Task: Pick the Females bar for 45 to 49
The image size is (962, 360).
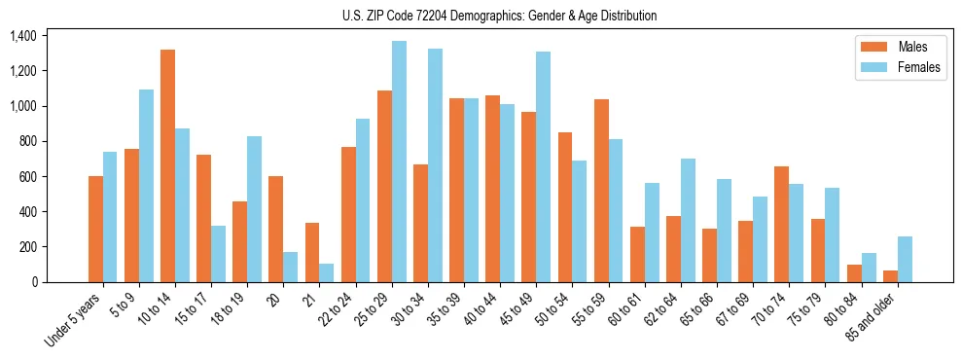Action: point(543,166)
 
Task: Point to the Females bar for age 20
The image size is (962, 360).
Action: point(291,267)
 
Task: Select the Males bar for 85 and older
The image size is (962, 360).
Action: point(890,275)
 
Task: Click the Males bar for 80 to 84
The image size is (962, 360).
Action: point(854,272)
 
